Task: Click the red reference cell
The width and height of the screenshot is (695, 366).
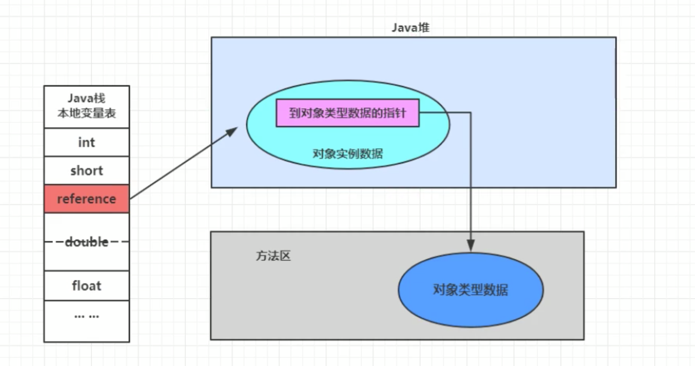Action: tap(86, 199)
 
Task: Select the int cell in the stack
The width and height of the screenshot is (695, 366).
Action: tap(86, 142)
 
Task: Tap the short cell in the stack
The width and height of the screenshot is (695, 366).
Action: tap(86, 171)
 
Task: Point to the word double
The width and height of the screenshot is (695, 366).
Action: tap(86, 242)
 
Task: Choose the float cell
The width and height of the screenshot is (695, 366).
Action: tap(86, 286)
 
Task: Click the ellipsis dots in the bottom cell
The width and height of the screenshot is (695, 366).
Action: tap(86, 316)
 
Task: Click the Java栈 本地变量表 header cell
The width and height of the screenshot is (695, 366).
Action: tap(86, 106)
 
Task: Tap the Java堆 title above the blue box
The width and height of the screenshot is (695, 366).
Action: tap(410, 27)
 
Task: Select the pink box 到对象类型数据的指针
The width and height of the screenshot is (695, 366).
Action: tap(347, 113)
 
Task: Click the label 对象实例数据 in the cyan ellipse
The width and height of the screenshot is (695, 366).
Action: tap(347, 154)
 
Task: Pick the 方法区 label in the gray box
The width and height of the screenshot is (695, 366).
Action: tap(273, 256)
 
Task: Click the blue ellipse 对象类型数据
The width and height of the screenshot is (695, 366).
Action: tap(470, 290)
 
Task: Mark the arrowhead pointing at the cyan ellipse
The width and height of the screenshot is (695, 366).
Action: tap(232, 131)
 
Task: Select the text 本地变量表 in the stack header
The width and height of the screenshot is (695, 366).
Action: tap(86, 113)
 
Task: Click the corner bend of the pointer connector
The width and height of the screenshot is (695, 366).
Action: tap(470, 112)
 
